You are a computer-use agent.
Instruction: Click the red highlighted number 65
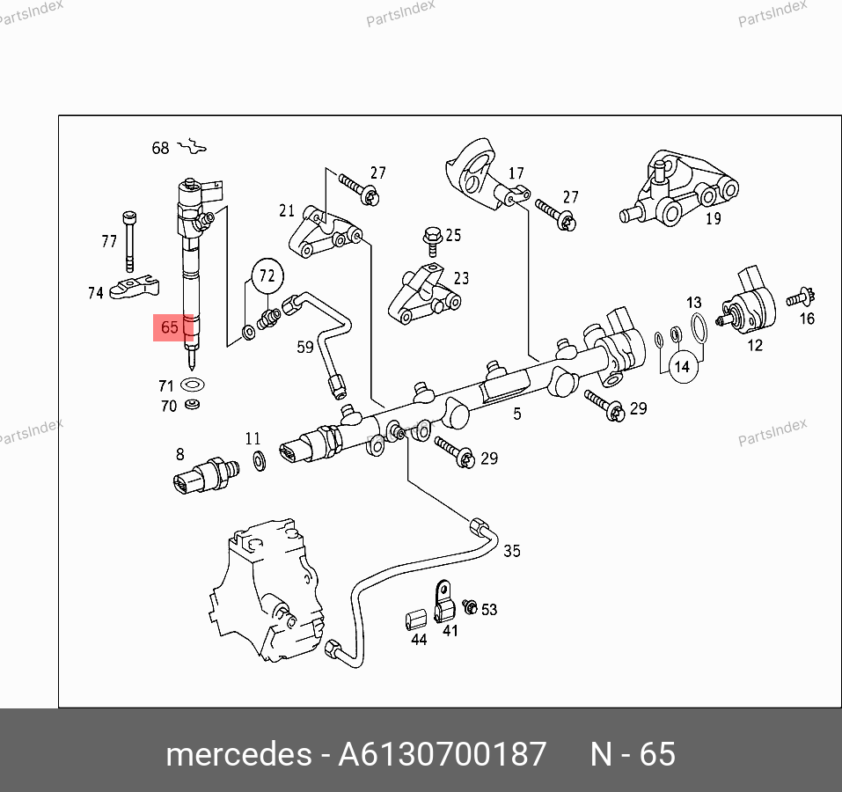pos(170,327)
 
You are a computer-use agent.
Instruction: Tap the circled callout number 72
pos(267,275)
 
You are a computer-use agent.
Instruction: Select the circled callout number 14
pos(683,367)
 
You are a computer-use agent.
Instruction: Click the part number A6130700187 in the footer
pos(442,754)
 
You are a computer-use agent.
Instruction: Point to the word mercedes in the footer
pos(238,754)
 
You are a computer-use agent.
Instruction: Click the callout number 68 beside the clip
pos(160,148)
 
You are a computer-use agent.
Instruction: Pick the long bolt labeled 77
pos(129,242)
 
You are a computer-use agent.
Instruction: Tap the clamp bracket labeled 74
pos(135,288)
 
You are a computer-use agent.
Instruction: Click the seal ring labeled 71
pos(193,385)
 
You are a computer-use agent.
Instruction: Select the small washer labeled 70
pos(192,404)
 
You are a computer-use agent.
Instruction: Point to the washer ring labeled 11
pos(259,461)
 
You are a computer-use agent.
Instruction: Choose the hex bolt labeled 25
pos(432,243)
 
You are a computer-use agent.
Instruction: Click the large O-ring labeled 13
pos(699,328)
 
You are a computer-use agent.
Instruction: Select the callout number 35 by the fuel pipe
pos(512,551)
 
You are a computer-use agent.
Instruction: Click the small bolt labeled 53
pos(470,606)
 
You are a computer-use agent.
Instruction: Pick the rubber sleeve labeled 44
pos(416,620)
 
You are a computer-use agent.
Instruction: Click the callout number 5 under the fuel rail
pos(517,414)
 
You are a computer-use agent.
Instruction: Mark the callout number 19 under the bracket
pos(714,218)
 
